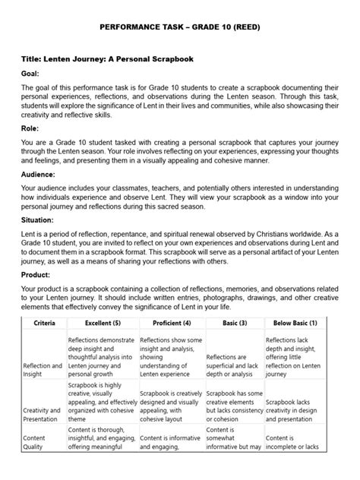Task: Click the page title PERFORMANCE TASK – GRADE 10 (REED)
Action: [179, 26]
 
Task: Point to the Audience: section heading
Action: [42, 195]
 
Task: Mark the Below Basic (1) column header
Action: [298, 365]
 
